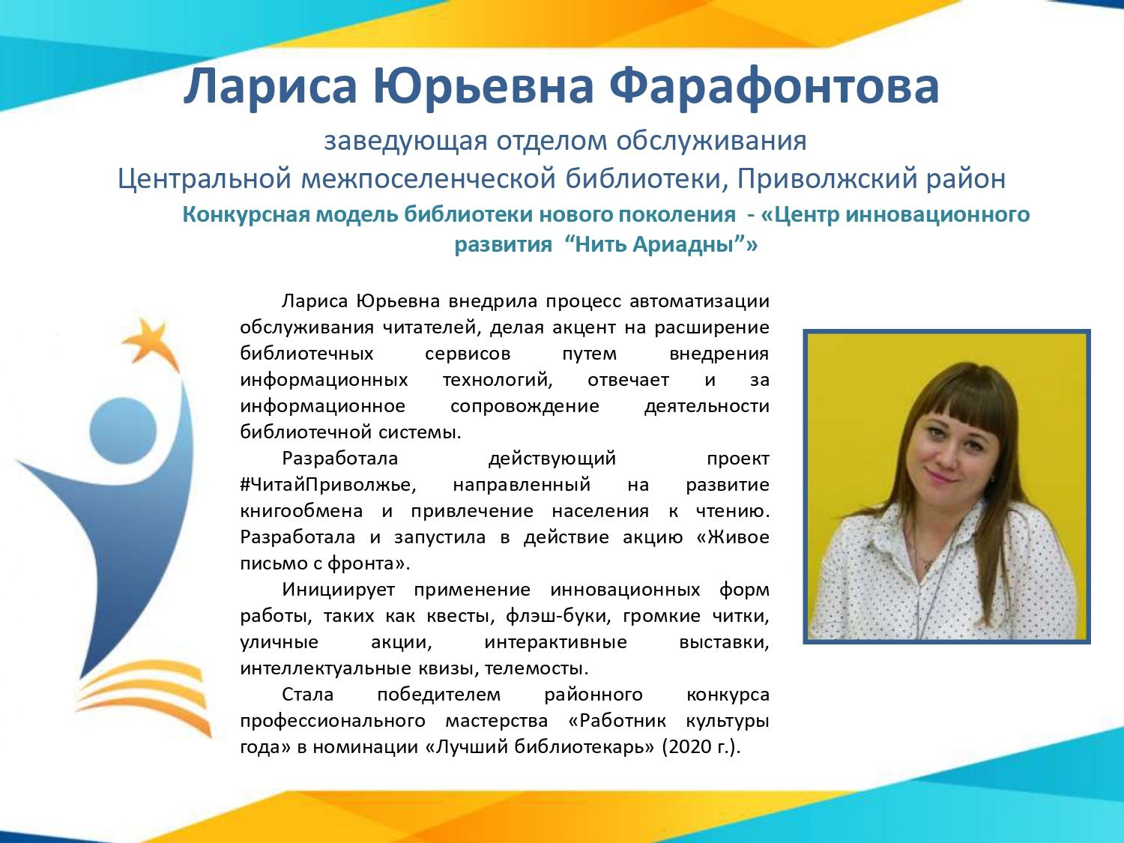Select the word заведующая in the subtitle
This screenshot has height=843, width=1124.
(x=405, y=142)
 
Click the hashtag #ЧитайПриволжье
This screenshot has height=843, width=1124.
(x=328, y=485)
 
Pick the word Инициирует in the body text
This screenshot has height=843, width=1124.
(x=339, y=590)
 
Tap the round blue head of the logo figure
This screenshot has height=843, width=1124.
(x=123, y=431)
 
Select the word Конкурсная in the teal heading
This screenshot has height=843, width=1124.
(x=247, y=215)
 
